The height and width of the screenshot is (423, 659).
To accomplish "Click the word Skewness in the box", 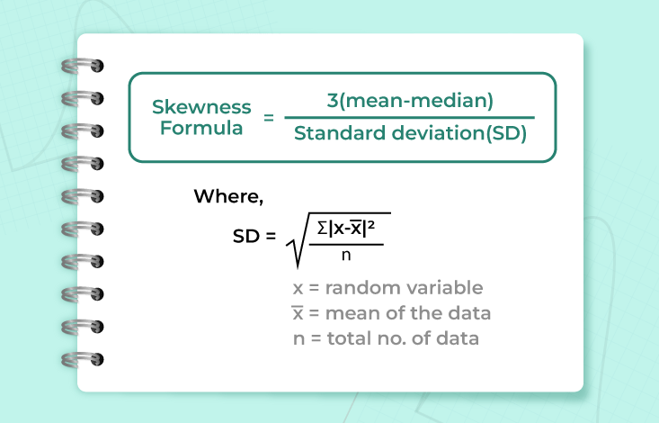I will tap(200, 106).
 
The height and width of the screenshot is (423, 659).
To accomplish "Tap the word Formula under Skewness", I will tap(200, 128).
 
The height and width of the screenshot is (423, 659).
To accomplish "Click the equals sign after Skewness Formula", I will tap(268, 118).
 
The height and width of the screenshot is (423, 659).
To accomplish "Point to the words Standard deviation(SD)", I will tap(410, 135).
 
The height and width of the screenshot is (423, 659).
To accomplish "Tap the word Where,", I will tap(228, 197).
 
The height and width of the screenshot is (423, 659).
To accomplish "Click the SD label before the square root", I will tap(248, 237).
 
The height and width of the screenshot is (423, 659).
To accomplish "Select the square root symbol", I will tap(298, 245).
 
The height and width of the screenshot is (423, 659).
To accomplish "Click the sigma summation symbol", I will tap(323, 229).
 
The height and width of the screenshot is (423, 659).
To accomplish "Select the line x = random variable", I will tap(387, 288).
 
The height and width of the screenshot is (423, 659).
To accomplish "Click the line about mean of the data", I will tap(391, 314).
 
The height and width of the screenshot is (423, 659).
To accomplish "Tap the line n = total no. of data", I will tap(386, 339).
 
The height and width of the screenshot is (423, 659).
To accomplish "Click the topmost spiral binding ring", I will tap(81, 66).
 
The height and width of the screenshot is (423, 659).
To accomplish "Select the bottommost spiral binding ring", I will tap(81, 359).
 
